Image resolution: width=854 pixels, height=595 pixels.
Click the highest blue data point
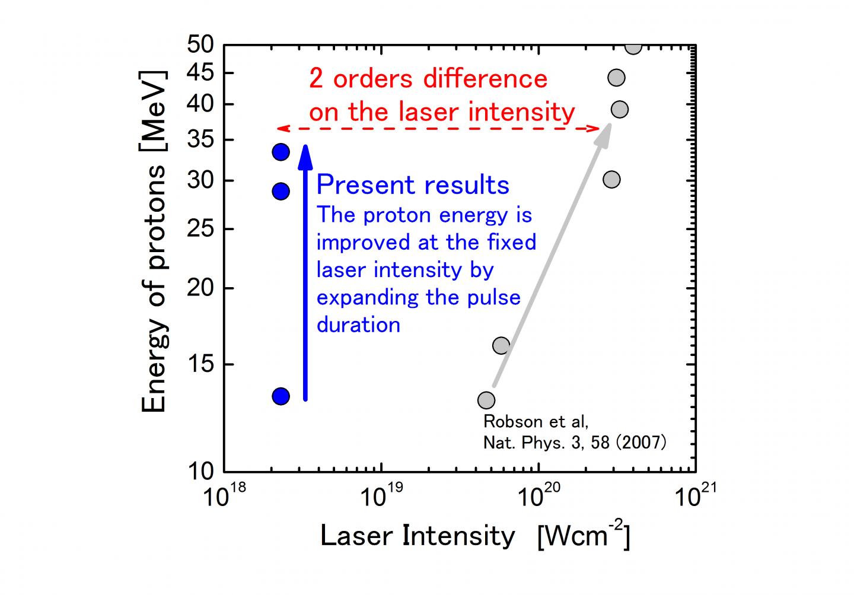pos(281,152)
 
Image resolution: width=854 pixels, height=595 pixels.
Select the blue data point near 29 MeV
pos(281,191)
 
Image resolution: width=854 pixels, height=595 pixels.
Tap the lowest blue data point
pos(281,396)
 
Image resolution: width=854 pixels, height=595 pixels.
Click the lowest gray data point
pos(486,400)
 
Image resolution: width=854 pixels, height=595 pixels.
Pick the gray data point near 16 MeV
pos(501,345)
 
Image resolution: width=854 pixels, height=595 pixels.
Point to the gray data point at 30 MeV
pos(611,179)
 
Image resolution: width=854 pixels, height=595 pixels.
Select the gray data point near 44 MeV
pos(616,78)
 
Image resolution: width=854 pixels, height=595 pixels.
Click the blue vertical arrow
pos(305,273)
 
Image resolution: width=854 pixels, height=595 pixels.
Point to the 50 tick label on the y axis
pos(200,44)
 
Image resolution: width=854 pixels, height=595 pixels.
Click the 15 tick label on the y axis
pos(200,364)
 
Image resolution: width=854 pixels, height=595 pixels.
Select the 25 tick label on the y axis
pos(200,229)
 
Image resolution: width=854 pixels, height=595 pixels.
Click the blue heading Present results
pos(413,185)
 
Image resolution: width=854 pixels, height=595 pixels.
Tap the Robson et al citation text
pos(574,432)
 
